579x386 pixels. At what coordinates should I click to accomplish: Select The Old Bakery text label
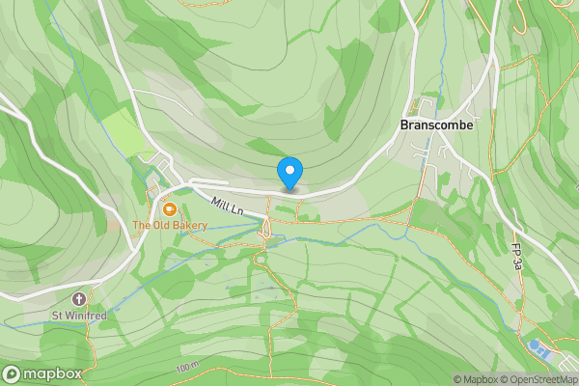[170, 226]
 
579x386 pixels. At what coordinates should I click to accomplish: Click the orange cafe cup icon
[169, 208]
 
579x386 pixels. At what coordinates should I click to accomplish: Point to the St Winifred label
[77, 316]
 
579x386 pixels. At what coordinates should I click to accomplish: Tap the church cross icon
[78, 299]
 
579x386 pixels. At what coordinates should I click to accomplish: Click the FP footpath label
[518, 256]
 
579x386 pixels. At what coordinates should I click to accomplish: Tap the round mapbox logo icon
[12, 373]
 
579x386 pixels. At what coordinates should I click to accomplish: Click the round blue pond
[533, 345]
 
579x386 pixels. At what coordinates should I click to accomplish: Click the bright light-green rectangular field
[121, 129]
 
